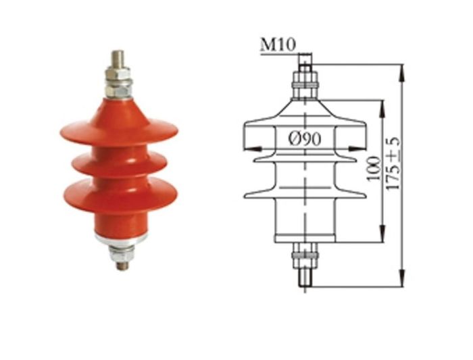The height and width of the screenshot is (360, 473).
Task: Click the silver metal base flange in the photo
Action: click(120, 237)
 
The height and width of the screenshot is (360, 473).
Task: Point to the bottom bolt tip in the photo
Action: click(122, 265)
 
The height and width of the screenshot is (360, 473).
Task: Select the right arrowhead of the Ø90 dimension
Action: click(363, 147)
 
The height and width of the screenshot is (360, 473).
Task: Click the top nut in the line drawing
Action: click(305, 86)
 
